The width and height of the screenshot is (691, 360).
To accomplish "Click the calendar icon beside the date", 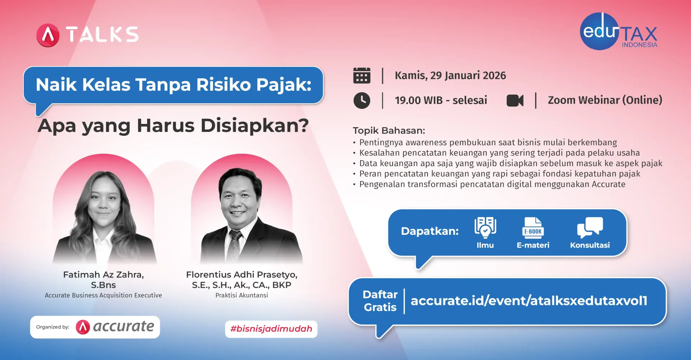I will [x=362, y=76].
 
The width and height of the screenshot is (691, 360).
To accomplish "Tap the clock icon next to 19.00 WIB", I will [x=362, y=100].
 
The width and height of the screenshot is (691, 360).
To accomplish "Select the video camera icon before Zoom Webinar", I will [x=515, y=100].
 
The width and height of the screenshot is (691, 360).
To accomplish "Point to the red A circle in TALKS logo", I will [x=48, y=35].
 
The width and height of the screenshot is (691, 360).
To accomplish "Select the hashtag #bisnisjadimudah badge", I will [x=271, y=329].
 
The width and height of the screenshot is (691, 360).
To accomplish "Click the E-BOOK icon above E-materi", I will [x=533, y=228].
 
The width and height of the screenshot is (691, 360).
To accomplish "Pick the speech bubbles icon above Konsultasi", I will [x=590, y=227].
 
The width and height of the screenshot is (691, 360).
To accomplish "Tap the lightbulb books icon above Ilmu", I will [x=485, y=227].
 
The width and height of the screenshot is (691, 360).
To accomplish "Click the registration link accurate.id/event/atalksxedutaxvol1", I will [x=529, y=301].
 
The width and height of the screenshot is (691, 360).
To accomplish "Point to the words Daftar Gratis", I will [x=380, y=301].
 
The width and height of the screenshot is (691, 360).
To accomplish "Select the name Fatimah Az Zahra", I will [x=103, y=275].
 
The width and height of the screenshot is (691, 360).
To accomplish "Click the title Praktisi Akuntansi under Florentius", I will [x=241, y=295].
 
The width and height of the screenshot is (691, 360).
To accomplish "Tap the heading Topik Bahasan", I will [x=389, y=130].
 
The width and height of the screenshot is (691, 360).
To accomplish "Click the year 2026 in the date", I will [x=494, y=76].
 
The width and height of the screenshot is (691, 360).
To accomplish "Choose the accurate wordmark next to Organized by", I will [x=123, y=327].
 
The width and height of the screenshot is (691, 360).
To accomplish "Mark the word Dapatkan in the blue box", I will [x=430, y=231].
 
